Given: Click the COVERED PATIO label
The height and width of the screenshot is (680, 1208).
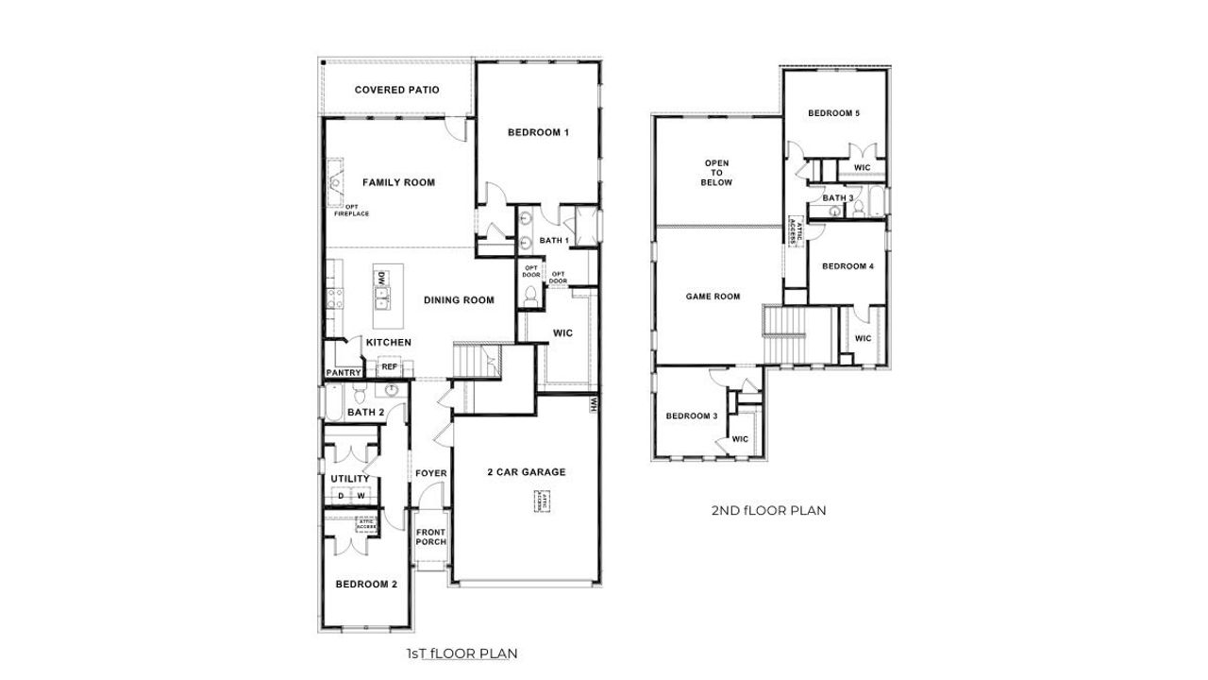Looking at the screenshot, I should tap(396, 91).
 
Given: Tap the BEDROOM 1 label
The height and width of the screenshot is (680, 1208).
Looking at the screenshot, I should tap(538, 132).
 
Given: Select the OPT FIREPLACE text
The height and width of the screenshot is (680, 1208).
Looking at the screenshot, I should tap(351, 211).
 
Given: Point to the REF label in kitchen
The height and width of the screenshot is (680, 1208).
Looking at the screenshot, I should tap(388, 367).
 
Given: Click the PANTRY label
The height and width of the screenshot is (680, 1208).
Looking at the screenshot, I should tap(344, 373).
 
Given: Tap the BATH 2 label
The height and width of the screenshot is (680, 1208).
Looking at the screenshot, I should tap(365, 413).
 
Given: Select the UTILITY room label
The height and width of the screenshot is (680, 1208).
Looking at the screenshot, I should tap(349, 479).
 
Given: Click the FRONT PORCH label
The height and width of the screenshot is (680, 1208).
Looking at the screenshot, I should tap(431, 537).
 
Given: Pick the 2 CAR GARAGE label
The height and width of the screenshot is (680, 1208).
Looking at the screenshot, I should tap(527, 472).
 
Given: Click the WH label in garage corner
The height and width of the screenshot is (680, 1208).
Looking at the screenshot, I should tap(594, 404).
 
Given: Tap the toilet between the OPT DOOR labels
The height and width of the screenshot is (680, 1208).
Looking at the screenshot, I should tap(531, 295).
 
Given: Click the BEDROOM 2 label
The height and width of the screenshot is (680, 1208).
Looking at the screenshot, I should tap(366, 585).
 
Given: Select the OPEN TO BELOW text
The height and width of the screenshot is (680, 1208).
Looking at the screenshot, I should tap(717, 173).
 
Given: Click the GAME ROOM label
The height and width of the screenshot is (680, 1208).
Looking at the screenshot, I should tap(713, 297).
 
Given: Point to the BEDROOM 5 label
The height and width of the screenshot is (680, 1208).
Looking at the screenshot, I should tap(833, 113).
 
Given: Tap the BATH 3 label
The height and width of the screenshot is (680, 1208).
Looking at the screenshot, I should tap(838, 198).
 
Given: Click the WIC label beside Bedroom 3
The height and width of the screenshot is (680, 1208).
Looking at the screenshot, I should tap(740, 439).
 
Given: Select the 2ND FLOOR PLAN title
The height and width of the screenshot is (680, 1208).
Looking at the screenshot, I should tap(768, 511).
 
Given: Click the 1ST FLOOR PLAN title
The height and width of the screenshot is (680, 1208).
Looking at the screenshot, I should tap(461, 653).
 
